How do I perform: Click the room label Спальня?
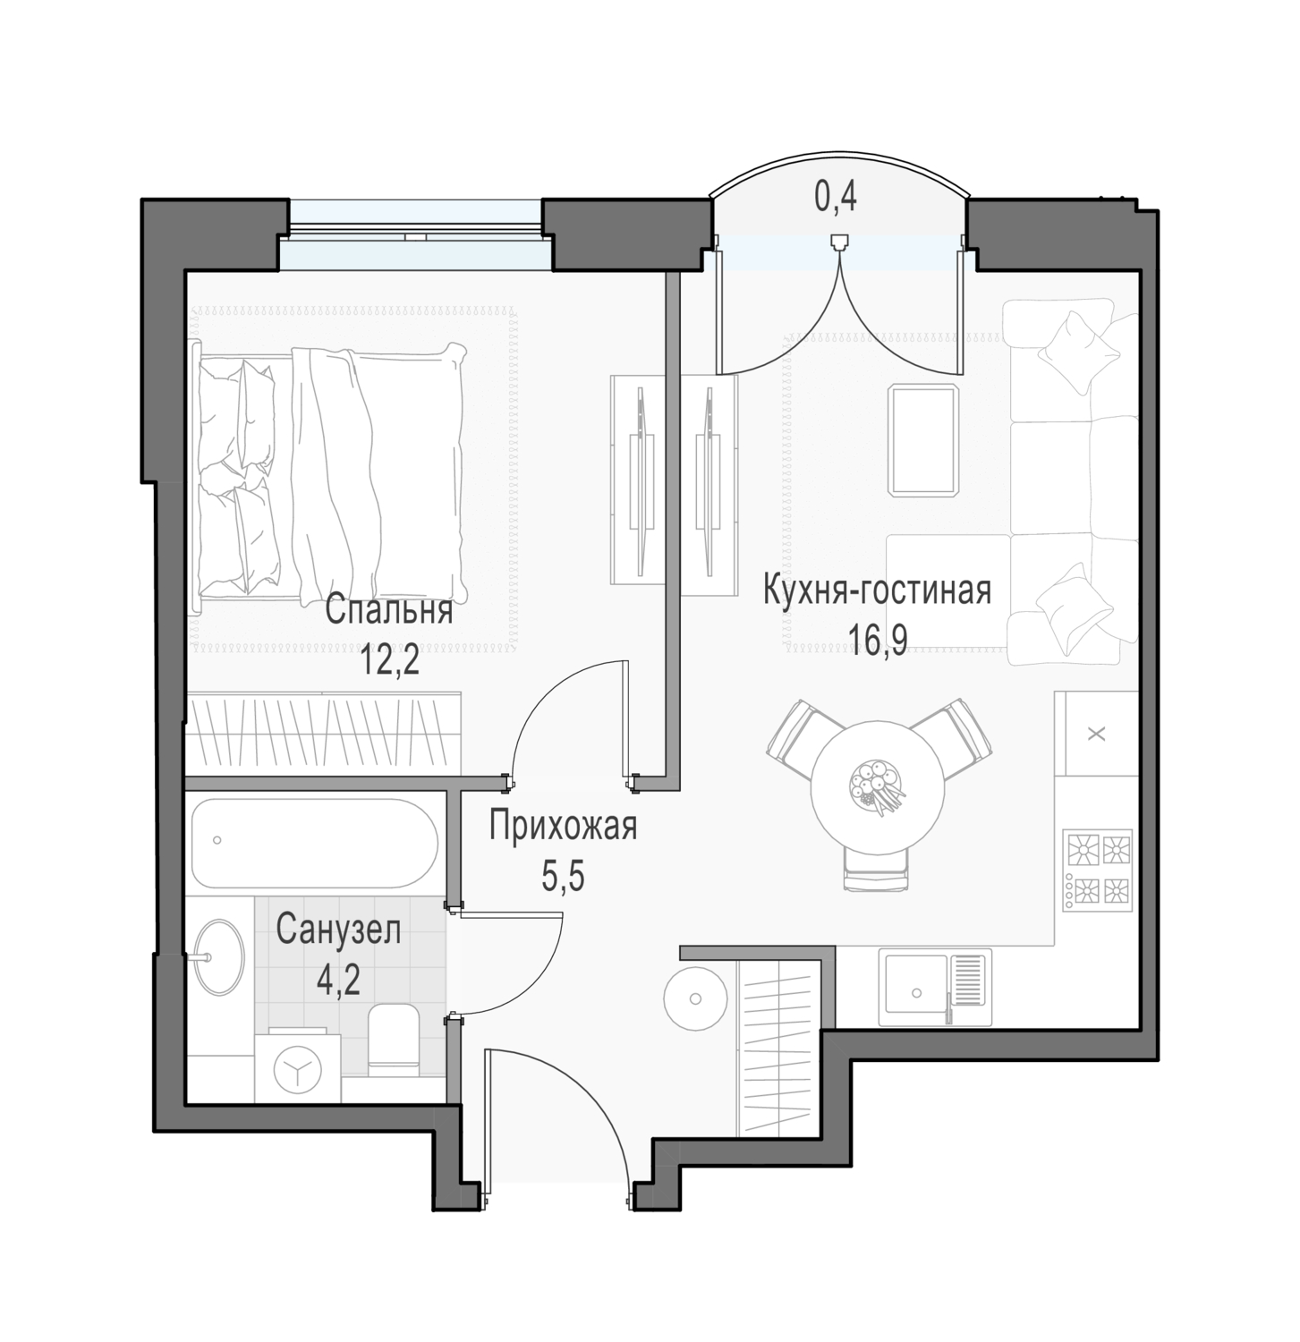[x=389, y=612]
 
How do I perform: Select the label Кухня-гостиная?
[x=877, y=592]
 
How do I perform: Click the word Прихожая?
[x=563, y=827]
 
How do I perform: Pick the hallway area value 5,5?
[x=563, y=877]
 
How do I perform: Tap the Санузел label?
[x=338, y=930]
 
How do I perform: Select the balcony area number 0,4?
[x=835, y=197]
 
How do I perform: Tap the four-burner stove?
[x=1097, y=870]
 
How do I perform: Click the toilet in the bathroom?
[x=394, y=1040]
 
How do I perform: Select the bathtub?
[x=314, y=841]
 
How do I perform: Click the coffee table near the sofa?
[x=923, y=439]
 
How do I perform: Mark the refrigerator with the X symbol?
[x=1097, y=734]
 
